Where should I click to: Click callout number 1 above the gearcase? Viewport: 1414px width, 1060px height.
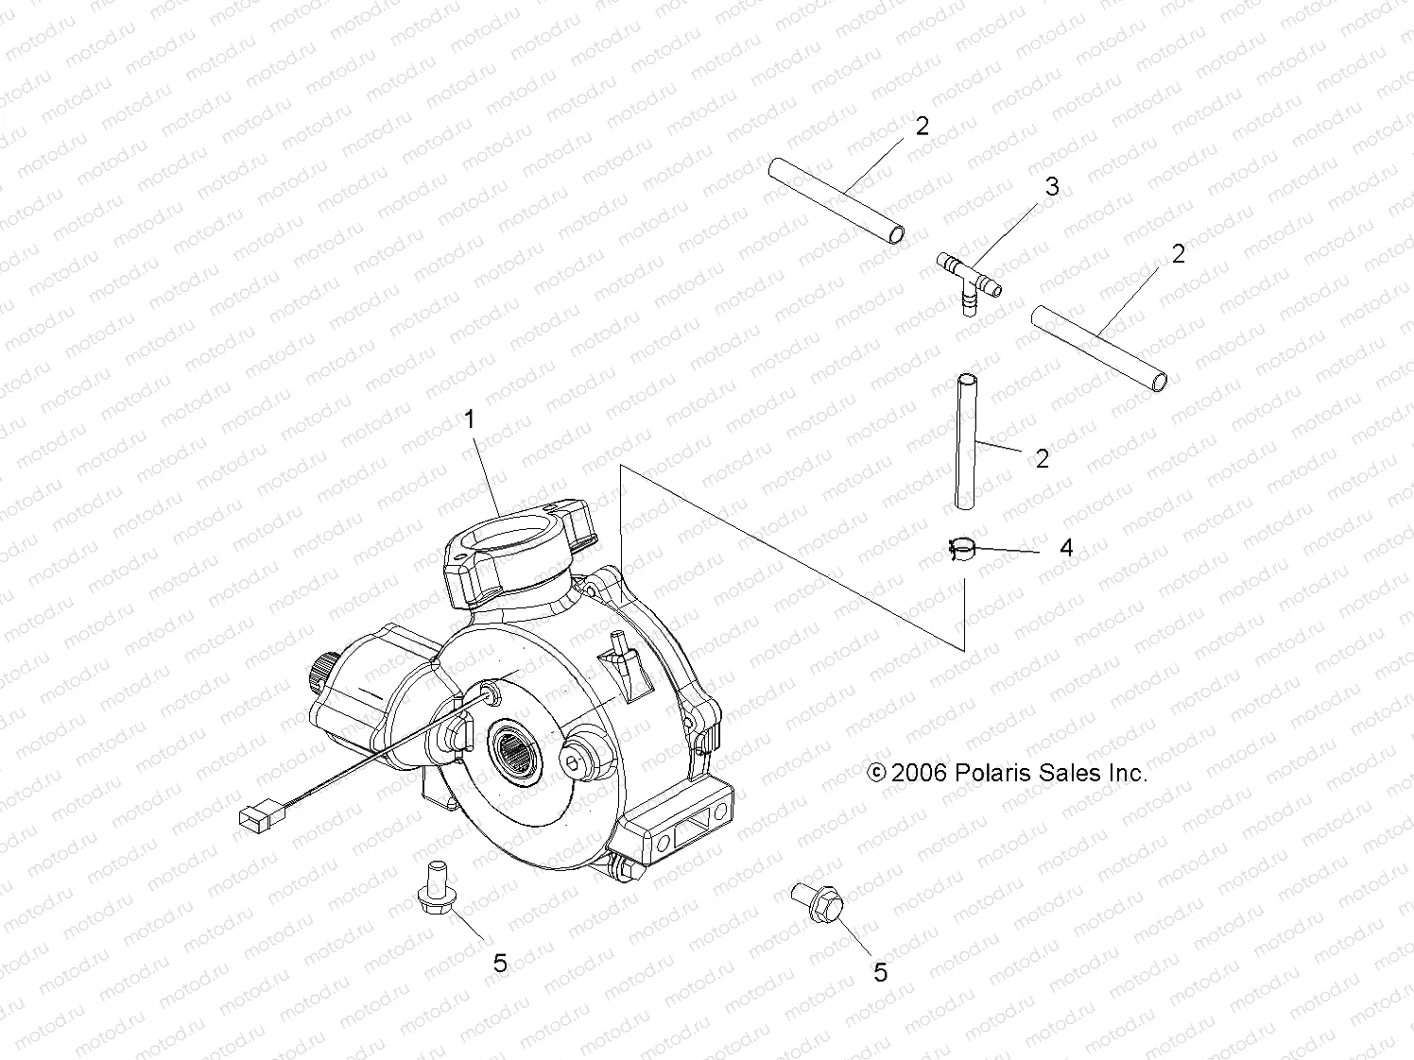coord(470,419)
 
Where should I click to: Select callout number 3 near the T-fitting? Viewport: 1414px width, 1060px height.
coord(1052,187)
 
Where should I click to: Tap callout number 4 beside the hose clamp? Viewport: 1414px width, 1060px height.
coord(1066,548)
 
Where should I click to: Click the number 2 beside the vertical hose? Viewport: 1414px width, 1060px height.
coord(1042,459)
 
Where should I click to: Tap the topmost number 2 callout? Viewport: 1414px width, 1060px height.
coord(922,126)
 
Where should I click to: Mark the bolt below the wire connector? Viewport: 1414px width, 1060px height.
coord(436,888)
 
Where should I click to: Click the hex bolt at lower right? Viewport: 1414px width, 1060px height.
coord(819,901)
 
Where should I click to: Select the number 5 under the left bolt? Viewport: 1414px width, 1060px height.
coord(500,963)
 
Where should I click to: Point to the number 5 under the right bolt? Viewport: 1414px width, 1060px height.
coord(881,972)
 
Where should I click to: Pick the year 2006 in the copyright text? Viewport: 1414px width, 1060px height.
coord(918,773)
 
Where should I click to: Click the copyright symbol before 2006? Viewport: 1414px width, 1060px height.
coord(876,773)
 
